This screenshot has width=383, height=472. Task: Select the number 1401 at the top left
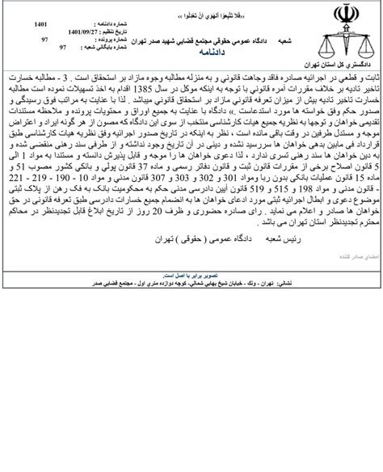[41, 24]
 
